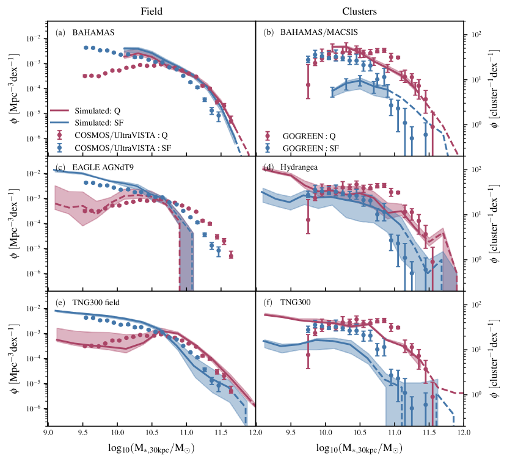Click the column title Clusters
point(360,10)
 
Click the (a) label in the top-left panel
point(60,32)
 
